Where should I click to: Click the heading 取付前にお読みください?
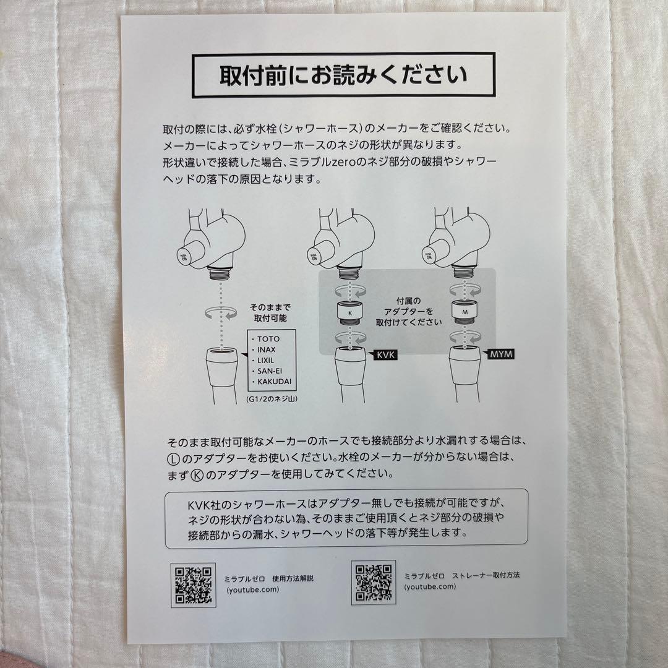point(343,75)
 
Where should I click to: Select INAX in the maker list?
point(266,349)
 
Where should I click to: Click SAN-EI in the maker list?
point(269,370)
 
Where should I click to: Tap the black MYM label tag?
point(500,355)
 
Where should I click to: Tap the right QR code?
point(373,583)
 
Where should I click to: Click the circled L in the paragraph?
point(173,459)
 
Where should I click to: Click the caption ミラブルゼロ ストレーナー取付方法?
point(462,575)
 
